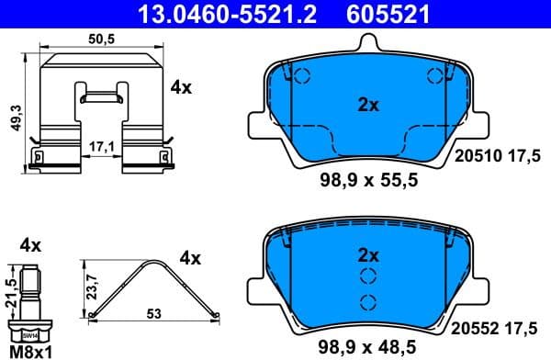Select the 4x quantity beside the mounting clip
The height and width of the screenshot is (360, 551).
180,88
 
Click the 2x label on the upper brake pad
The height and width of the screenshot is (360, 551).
368,105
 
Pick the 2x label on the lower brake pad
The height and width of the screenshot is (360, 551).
368,254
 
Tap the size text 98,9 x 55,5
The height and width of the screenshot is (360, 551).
367,181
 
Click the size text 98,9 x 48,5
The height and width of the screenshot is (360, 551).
367,347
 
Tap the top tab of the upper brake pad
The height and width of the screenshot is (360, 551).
368,40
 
